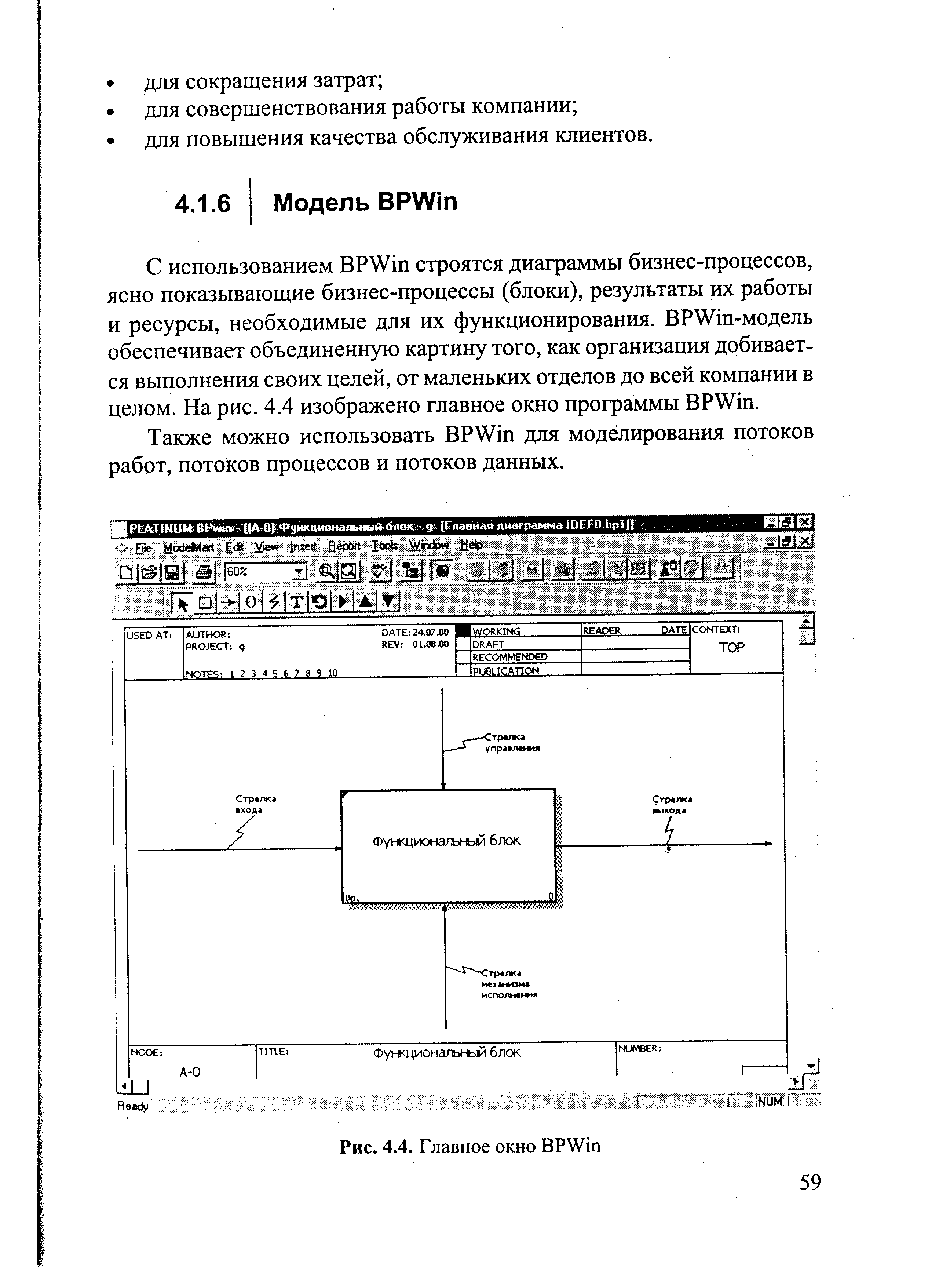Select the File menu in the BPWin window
pyautogui.click(x=143, y=547)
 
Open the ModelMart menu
pyautogui.click(x=188, y=547)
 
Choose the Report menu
pyautogui.click(x=344, y=546)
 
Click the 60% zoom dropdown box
pyautogui.click(x=266, y=572)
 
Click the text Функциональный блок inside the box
pyautogui.click(x=446, y=841)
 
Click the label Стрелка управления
pyautogui.click(x=511, y=743)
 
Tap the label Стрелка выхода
pyautogui.click(x=672, y=804)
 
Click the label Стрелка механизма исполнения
pyautogui.click(x=508, y=983)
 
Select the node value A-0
pyautogui.click(x=190, y=1072)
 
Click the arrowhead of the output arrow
pyautogui.click(x=768, y=844)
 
